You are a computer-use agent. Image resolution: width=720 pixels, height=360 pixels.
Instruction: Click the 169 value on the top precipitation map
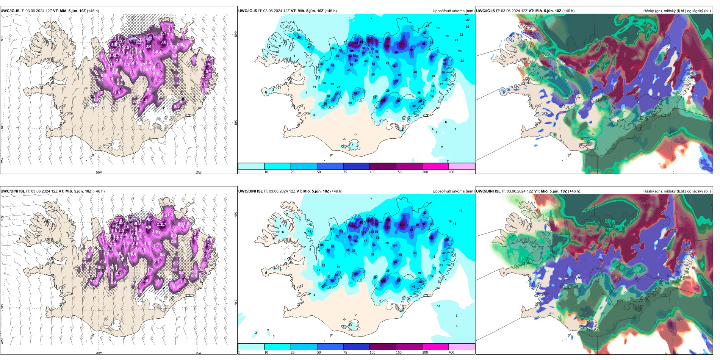[x=386, y=46]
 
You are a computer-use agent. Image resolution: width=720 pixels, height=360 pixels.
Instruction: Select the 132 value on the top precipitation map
[x=350, y=56]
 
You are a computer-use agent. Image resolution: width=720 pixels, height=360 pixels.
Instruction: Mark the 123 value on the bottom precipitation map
[x=431, y=238]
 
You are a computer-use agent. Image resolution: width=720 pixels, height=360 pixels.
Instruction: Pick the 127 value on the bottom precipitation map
[x=352, y=226]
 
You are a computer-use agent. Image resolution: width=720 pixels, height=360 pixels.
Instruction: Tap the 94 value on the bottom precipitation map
[x=395, y=262]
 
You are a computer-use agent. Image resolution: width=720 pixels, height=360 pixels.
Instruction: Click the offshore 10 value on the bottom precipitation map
[x=438, y=306]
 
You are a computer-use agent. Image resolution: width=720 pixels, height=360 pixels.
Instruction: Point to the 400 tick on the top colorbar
[x=451, y=172]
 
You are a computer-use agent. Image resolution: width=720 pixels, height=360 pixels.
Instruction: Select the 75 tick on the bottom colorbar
[x=345, y=352]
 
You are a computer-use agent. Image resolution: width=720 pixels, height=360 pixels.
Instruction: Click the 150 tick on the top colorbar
[x=399, y=172]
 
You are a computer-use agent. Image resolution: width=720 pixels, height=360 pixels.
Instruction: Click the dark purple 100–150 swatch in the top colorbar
[x=382, y=166]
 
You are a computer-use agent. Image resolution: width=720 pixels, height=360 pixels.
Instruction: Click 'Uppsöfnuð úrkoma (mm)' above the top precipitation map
[x=453, y=11]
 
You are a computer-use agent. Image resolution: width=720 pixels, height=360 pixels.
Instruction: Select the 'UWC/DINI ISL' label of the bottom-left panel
[x=13, y=191]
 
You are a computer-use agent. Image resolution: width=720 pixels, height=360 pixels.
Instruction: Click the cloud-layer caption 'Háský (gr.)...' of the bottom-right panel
[x=677, y=191]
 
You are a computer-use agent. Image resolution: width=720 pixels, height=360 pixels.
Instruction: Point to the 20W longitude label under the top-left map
[x=99, y=172]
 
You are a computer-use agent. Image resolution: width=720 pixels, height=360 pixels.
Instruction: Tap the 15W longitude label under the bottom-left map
[x=198, y=353]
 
